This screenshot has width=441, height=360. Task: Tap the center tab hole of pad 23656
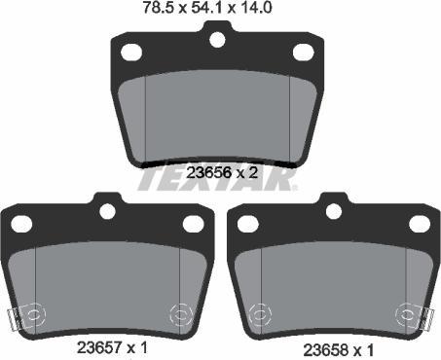coord(216,39)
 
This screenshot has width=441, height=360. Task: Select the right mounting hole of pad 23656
coord(303,52)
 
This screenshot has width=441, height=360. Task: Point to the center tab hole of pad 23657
coord(107,211)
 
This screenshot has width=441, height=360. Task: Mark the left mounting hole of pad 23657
coord(20,224)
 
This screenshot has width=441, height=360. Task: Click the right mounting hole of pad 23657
coord(193,224)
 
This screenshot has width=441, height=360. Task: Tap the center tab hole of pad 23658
coord(334,211)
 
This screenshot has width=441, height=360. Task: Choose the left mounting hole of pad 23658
coord(247,224)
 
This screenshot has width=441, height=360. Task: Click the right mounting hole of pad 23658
coord(420,224)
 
